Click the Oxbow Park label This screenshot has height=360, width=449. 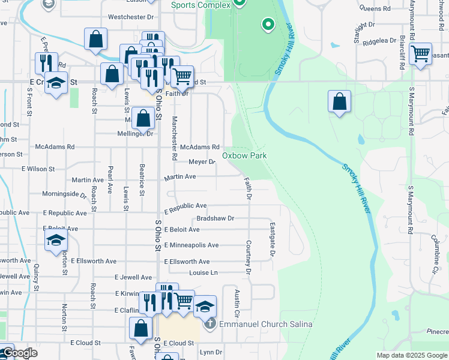[244, 156]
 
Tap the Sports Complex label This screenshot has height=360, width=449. [200, 5]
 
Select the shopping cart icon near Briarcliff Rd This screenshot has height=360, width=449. [421, 55]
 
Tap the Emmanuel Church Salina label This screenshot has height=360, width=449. [265, 325]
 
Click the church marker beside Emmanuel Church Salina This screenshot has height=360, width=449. [209, 325]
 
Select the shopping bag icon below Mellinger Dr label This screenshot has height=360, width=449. [144, 118]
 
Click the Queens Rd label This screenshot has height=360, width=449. [374, 9]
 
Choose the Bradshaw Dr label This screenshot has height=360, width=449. [215, 218]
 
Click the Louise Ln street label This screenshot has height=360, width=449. [202, 272]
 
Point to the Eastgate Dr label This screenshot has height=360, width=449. [272, 239]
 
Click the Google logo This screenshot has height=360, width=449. [20, 353]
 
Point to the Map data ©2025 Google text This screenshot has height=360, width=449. [412, 355]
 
